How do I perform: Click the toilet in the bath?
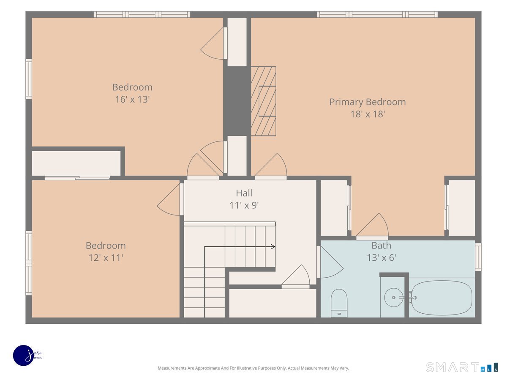pos(339,303)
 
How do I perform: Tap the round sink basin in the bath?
pos(394,298)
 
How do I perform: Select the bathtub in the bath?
pos(442,298)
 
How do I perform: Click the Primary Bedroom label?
pos(367,102)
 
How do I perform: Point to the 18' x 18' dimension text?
pos(368,114)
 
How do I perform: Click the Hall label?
pos(244,193)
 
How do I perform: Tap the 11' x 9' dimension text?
pos(244,205)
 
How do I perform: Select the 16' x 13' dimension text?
pos(132,99)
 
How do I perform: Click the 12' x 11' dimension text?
pos(106,258)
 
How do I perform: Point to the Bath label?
pos(381,246)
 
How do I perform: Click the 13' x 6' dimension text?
pos(382,258)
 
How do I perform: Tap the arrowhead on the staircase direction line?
pos(273,247)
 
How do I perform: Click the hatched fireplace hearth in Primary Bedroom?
pos(263,101)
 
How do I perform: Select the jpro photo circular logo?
pos(24,356)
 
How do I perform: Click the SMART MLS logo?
pos(462,367)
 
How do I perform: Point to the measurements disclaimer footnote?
pos(253,368)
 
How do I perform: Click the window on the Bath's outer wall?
pos(478,257)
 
